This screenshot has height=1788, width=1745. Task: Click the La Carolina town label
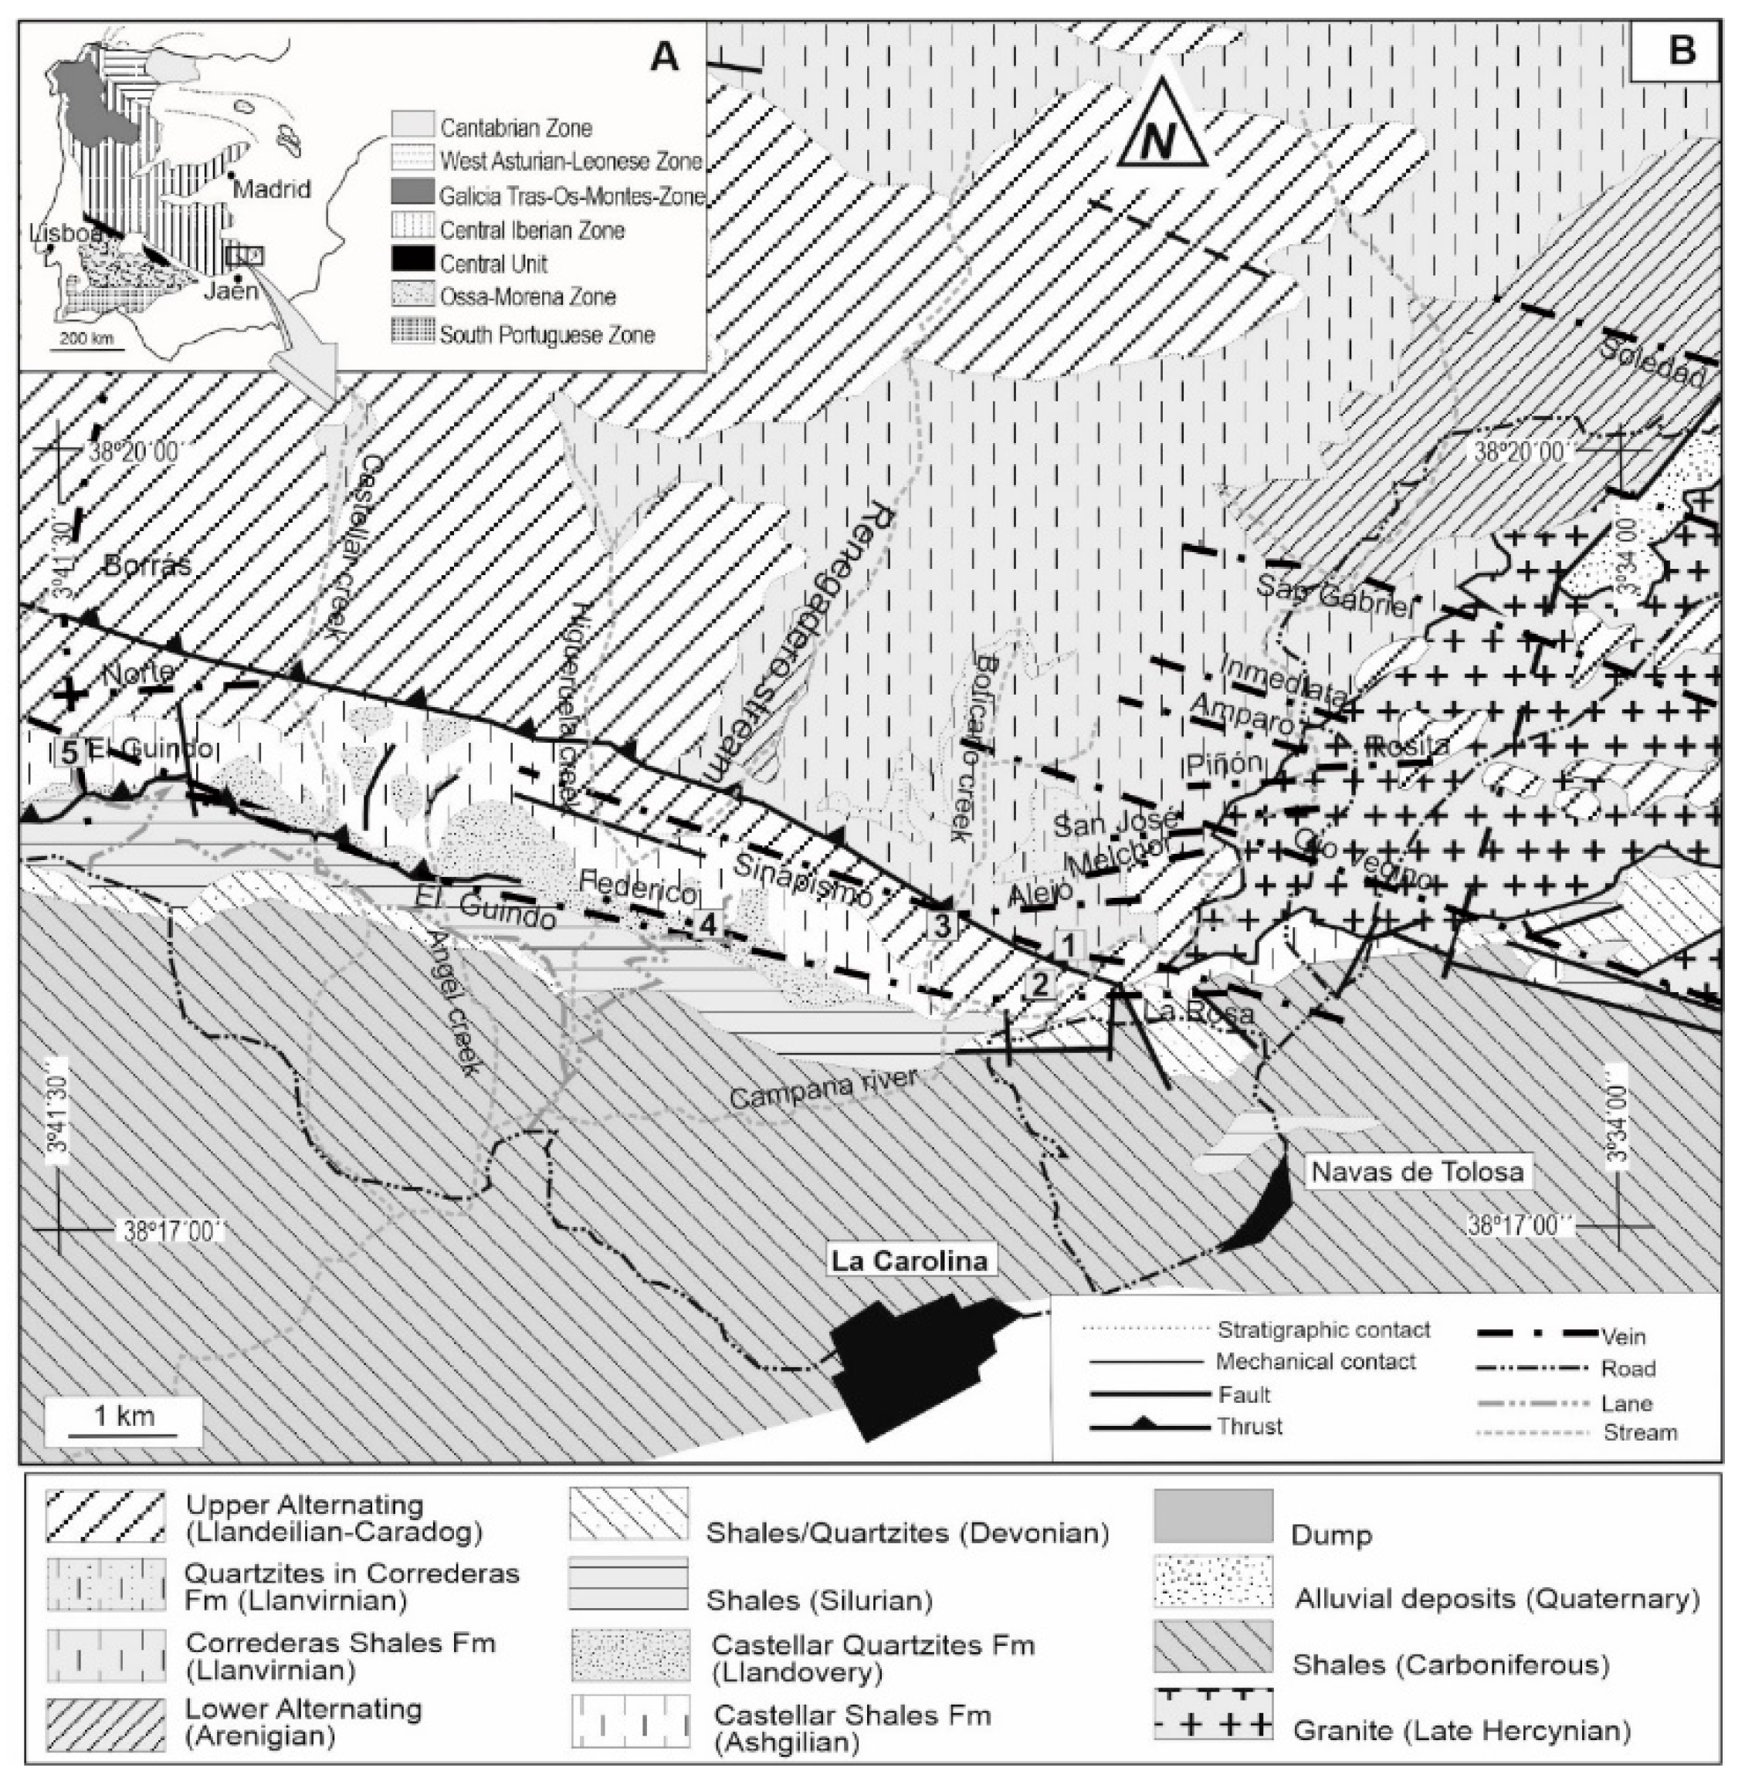(x=909, y=1261)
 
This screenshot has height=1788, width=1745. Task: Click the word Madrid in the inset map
(x=273, y=189)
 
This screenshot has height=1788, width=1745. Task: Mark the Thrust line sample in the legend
(x=1145, y=1427)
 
